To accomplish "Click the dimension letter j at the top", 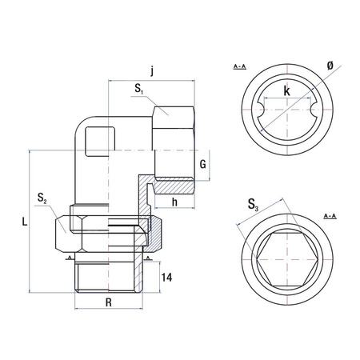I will [x=152, y=72].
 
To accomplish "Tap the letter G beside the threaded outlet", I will [x=204, y=165].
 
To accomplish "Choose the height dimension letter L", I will [x=24, y=226].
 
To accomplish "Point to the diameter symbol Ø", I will [x=330, y=66].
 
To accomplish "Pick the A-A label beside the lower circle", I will [x=329, y=217].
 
